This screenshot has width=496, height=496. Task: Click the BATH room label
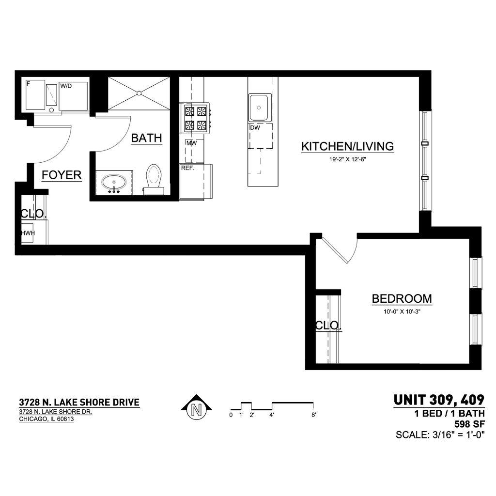click(x=146, y=138)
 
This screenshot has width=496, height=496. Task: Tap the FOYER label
click(x=62, y=175)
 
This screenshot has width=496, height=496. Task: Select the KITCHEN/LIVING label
click(x=347, y=146)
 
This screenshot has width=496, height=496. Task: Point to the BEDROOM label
click(x=402, y=298)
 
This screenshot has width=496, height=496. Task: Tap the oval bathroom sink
click(x=114, y=183)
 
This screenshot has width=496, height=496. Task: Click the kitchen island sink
click(x=260, y=108)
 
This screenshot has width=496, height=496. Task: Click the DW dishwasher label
click(x=255, y=128)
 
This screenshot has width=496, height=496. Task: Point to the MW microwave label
click(x=191, y=143)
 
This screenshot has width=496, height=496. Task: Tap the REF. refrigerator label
click(x=187, y=168)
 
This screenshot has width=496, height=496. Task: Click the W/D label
click(x=66, y=86)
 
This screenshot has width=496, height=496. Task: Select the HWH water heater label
click(x=28, y=233)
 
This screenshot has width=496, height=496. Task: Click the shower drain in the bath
click(x=139, y=93)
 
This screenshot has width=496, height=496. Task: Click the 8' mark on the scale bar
click(x=313, y=415)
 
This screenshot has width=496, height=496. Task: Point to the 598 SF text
click(x=469, y=424)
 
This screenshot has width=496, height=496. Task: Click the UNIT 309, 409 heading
click(x=439, y=400)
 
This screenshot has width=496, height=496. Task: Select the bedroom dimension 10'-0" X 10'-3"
click(x=402, y=311)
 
